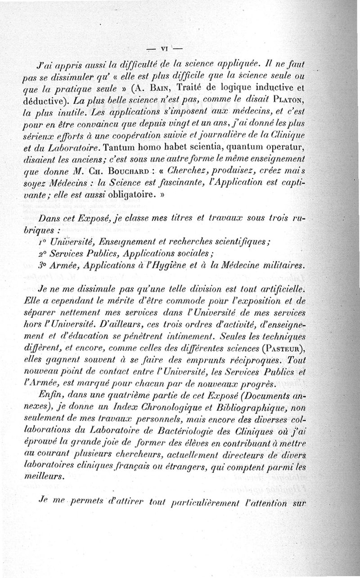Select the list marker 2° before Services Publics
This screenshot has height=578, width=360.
pos(43,254)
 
